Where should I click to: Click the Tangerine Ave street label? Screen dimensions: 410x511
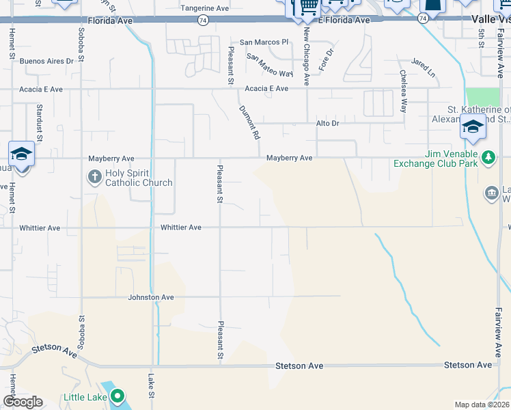coord(204,8)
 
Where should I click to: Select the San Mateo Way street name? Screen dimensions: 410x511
coord(269,65)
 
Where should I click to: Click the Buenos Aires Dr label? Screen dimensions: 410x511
coord(46,61)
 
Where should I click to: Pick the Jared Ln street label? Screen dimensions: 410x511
coord(423,67)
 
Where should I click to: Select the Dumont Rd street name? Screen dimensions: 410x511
coord(249,122)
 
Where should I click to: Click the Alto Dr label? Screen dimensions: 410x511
coord(327,123)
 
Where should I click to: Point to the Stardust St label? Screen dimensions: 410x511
coord(40,123)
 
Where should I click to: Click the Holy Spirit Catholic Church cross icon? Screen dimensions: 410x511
coord(94,178)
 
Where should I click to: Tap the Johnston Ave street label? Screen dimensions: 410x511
coord(151,297)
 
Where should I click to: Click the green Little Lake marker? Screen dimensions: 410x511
coord(118,396)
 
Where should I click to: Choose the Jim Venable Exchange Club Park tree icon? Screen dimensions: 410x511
coord(488,158)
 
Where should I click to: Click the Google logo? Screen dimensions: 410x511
coord(23,401)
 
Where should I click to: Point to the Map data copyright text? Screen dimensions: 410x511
coord(481,405)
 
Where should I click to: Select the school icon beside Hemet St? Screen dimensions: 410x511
coord(22,154)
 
